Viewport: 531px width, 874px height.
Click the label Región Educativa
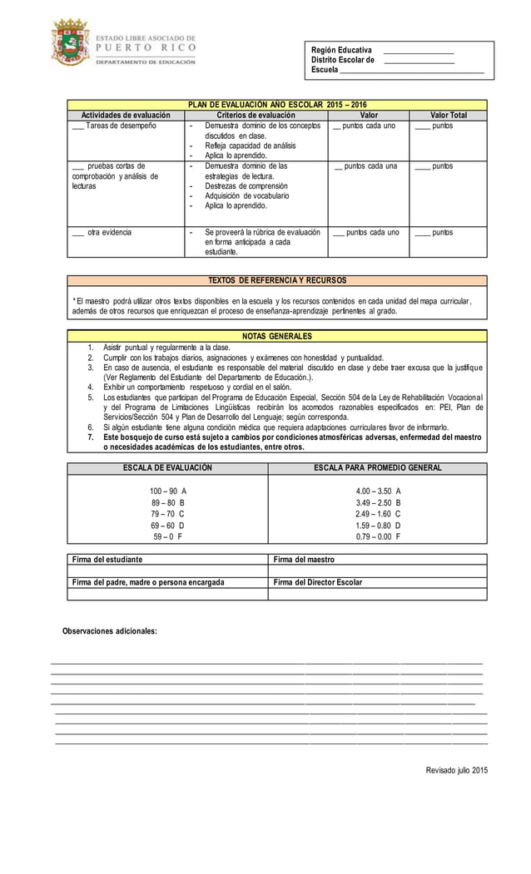tap(341, 50)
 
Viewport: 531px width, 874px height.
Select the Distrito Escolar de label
tap(342, 60)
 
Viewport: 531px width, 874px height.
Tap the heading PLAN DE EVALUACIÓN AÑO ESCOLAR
tap(277, 105)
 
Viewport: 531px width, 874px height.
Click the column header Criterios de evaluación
tap(256, 115)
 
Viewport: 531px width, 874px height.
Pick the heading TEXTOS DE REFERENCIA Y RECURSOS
tap(277, 280)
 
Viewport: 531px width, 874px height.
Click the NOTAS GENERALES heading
tap(277, 336)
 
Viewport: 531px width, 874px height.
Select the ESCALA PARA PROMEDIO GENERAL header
tap(377, 468)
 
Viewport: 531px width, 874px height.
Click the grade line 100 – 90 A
tap(168, 491)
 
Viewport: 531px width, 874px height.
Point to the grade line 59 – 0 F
tap(168, 537)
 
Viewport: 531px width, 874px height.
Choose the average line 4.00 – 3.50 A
tap(378, 491)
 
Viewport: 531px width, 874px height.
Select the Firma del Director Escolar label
tap(317, 582)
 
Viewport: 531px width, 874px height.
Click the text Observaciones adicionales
tap(110, 632)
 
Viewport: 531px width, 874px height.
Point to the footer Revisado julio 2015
tap(457, 771)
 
